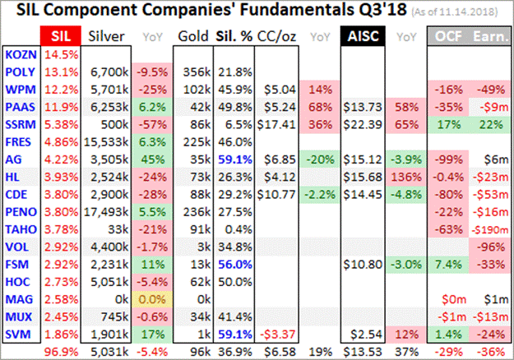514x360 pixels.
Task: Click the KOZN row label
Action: coord(20,53)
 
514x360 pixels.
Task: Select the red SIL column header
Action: coord(60,35)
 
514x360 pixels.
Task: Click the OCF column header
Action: coord(447,35)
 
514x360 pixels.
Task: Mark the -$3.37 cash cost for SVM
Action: coord(276,335)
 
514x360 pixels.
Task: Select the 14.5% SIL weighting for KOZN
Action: coord(60,53)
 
